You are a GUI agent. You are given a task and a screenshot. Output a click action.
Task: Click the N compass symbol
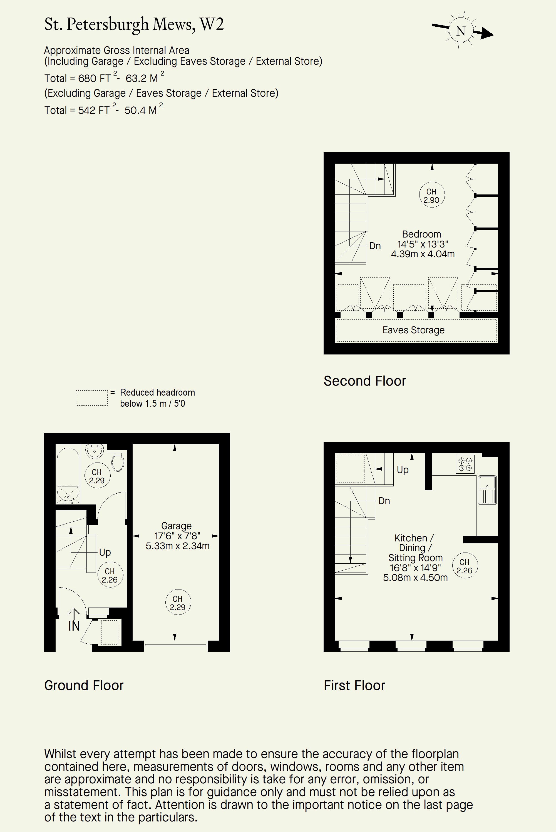[x=461, y=31]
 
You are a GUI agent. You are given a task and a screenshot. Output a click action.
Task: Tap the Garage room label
[x=176, y=526]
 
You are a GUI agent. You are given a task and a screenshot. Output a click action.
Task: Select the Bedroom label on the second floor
[x=422, y=234]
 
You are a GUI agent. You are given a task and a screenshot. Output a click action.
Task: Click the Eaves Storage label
[x=413, y=330]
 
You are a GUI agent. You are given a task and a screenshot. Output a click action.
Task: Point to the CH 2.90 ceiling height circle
[x=431, y=195]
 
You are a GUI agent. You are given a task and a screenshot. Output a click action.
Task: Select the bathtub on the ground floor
[x=68, y=476]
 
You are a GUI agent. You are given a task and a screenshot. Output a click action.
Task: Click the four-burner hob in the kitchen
[x=465, y=464]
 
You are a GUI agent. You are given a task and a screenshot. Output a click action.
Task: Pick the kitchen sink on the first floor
[x=487, y=490]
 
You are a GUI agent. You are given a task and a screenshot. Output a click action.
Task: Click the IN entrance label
[x=74, y=626]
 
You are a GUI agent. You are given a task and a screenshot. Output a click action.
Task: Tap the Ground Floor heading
[x=84, y=686]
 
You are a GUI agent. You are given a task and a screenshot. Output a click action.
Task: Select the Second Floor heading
[x=364, y=381]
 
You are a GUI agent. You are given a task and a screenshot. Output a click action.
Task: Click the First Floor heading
[x=354, y=686]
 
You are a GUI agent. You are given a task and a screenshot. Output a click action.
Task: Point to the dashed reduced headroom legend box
[x=91, y=398]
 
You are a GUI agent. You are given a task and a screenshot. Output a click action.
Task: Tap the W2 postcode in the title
[x=211, y=24]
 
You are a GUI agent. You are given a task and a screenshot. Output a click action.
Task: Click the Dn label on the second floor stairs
[x=375, y=246]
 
